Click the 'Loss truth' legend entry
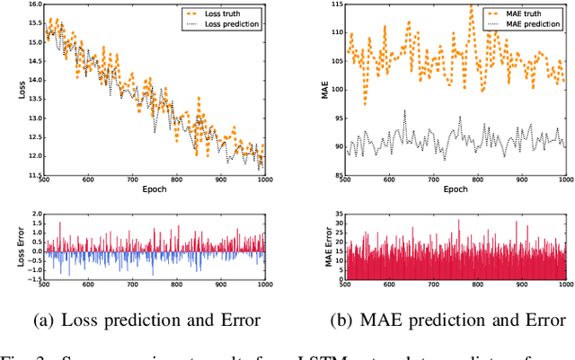[x=232, y=13]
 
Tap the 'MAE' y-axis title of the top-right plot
[x=314, y=90]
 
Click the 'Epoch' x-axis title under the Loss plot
[x=155, y=191]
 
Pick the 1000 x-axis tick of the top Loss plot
[x=265, y=181]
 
